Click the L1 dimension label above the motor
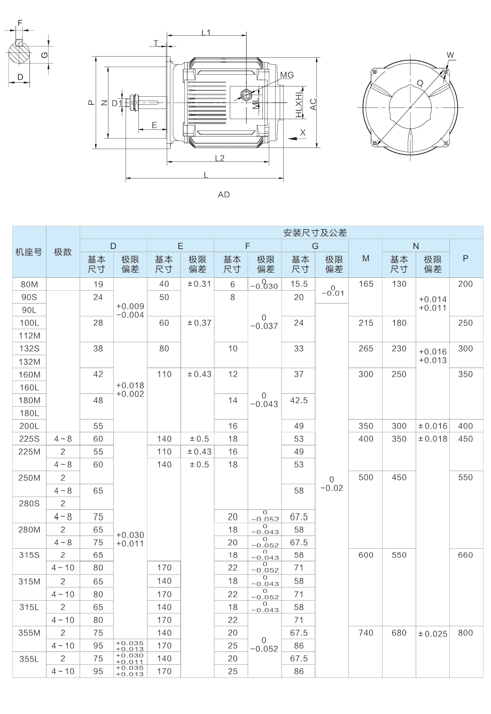(x=206, y=32)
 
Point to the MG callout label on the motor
(x=287, y=75)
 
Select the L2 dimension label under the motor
(x=219, y=158)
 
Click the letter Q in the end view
(x=420, y=83)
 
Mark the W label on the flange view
(x=450, y=55)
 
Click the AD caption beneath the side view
(x=224, y=195)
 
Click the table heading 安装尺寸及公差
(x=315, y=232)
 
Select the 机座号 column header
(x=29, y=252)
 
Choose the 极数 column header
(x=63, y=252)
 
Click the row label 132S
(x=29, y=348)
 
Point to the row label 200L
(x=29, y=426)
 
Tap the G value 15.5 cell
(x=299, y=284)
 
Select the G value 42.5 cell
(x=299, y=400)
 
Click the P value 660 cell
(x=465, y=555)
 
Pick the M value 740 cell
(x=365, y=633)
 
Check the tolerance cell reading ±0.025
(x=433, y=633)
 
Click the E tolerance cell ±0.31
(x=197, y=284)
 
